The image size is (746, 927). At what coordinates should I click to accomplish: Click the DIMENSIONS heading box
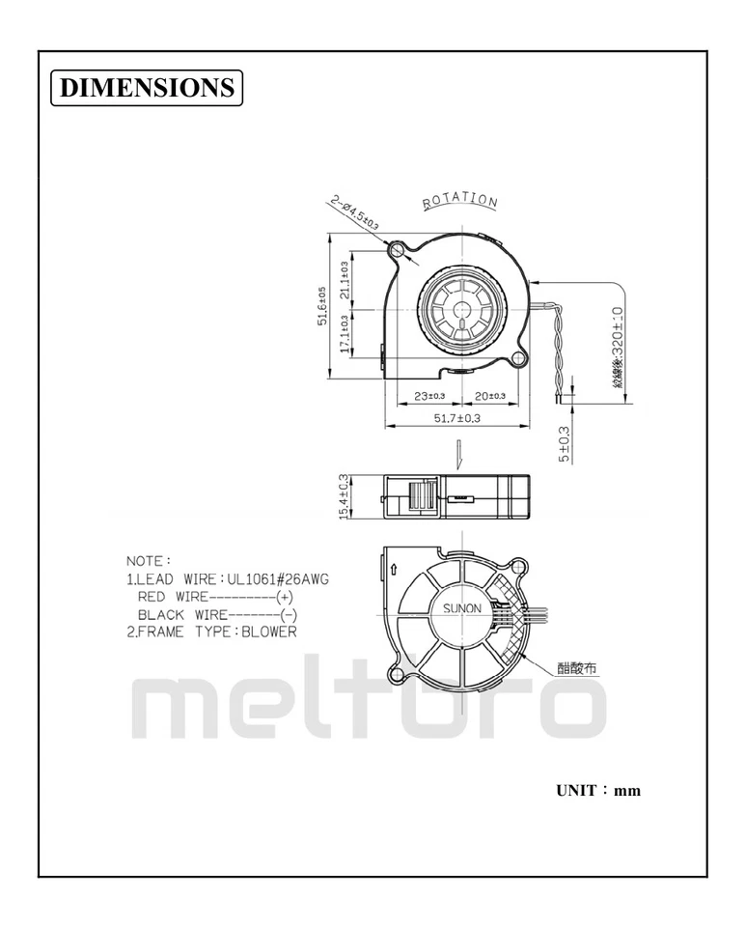[146, 87]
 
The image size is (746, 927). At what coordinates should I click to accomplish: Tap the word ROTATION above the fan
[460, 201]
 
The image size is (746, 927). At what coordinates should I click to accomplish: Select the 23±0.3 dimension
[429, 396]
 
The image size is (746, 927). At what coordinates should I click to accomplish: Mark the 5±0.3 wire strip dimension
[565, 445]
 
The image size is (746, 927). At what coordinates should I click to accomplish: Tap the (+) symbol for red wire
[285, 597]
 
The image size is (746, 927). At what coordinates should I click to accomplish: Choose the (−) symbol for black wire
[288, 614]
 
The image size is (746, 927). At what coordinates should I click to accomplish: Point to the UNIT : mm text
[598, 791]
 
